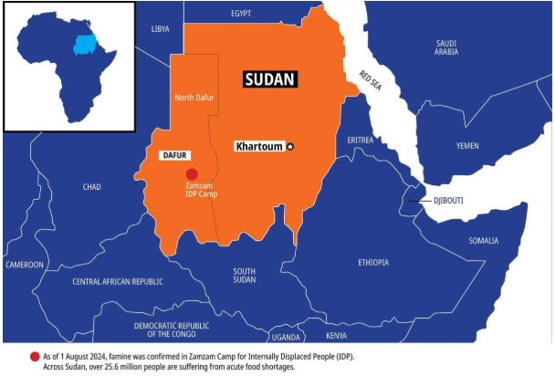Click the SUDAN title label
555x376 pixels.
coord(271,79)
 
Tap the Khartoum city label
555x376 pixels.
coord(258,146)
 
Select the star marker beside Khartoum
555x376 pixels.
coord(291,146)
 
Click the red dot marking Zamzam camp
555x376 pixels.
coord(192,174)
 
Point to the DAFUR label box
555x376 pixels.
coord(173,156)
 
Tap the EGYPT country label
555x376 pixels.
coord(241,14)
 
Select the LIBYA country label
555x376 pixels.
coord(161,29)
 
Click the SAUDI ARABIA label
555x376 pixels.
coord(446,47)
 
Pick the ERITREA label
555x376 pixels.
coord(361,140)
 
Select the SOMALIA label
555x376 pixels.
coord(484,241)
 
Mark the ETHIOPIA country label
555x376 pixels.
coord(373,262)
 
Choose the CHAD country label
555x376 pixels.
coord(91,187)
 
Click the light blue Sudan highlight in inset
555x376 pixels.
coord(84,44)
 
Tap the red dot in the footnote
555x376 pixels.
coord(35,355)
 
